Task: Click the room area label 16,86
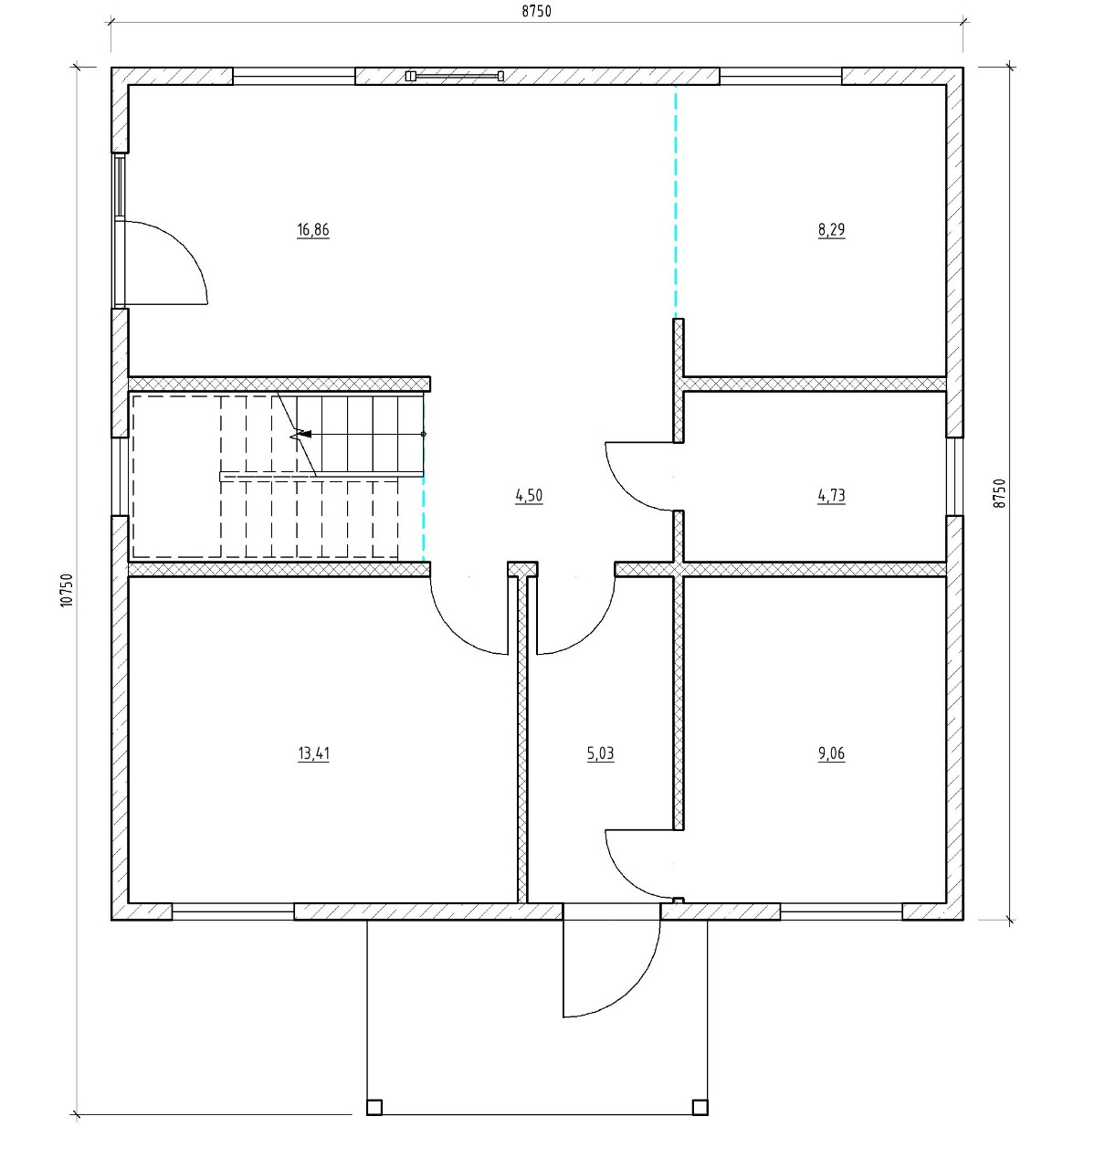pyautogui.click(x=313, y=229)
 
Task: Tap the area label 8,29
pyautogui.click(x=831, y=229)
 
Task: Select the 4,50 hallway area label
pyautogui.click(x=529, y=496)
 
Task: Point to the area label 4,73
pyautogui.click(x=831, y=496)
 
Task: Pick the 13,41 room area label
pyautogui.click(x=313, y=753)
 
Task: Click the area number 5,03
pyautogui.click(x=600, y=753)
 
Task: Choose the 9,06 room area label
pyautogui.click(x=831, y=753)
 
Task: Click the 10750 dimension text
pyautogui.click(x=67, y=590)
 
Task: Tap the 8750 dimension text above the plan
pyautogui.click(x=536, y=11)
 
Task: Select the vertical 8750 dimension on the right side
pyautogui.click(x=999, y=493)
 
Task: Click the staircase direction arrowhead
pyautogui.click(x=306, y=434)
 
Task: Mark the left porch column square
pyautogui.click(x=374, y=1107)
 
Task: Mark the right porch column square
pyautogui.click(x=700, y=1107)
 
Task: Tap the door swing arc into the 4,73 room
pyautogui.click(x=625, y=492)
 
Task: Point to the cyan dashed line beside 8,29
pyautogui.click(x=676, y=201)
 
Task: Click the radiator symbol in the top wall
pyautogui.click(x=455, y=76)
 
